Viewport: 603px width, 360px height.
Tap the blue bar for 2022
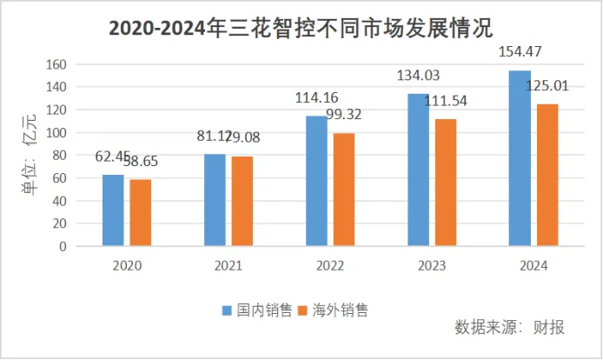coord(316,181)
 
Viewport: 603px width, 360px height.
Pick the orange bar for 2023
coord(446,183)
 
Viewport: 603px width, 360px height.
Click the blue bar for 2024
coord(520,158)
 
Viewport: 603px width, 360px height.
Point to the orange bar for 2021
coord(242,201)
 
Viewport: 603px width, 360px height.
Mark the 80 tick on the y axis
coord(58,156)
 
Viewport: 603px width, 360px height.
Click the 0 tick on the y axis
coord(62,246)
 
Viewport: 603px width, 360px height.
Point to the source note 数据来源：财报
coord(509,328)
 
